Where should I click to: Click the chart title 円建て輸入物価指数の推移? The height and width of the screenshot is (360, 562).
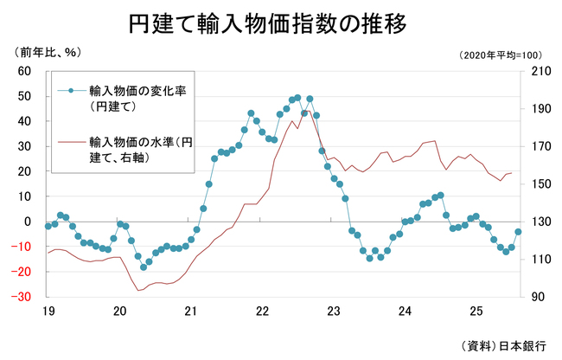point(281,22)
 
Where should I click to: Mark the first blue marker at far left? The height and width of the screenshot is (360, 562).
point(48,227)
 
